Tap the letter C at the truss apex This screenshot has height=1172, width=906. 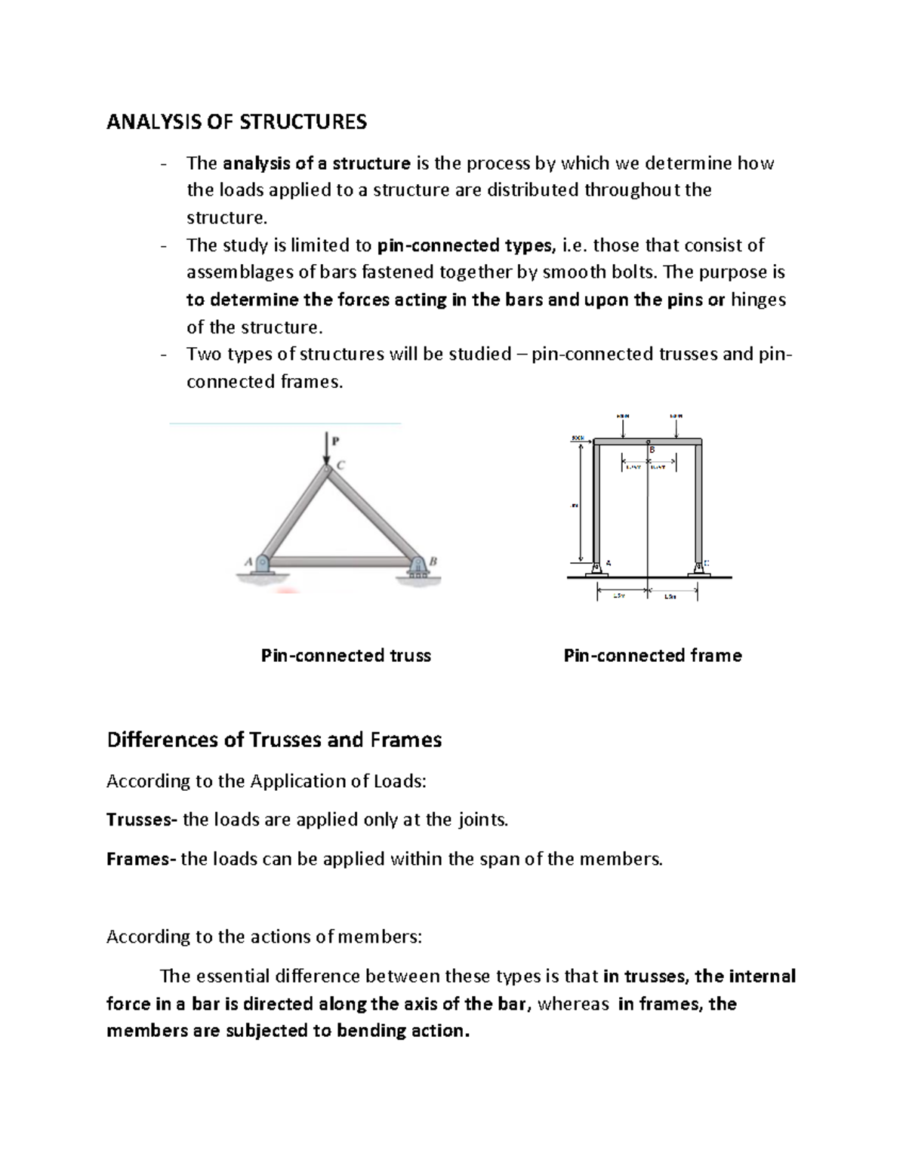[340, 466]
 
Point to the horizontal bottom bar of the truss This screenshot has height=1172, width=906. [340, 562]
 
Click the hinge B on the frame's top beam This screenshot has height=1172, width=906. [648, 442]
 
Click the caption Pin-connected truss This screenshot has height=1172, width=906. [346, 656]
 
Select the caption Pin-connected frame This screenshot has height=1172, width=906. [652, 656]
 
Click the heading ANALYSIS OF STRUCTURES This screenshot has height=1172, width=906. [236, 122]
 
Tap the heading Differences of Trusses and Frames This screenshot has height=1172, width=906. [274, 740]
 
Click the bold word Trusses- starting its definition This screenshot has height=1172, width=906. [141, 820]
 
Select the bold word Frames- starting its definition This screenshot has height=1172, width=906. [140, 859]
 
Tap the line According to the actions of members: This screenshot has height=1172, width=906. [265, 937]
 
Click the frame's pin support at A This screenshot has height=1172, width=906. [596, 567]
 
